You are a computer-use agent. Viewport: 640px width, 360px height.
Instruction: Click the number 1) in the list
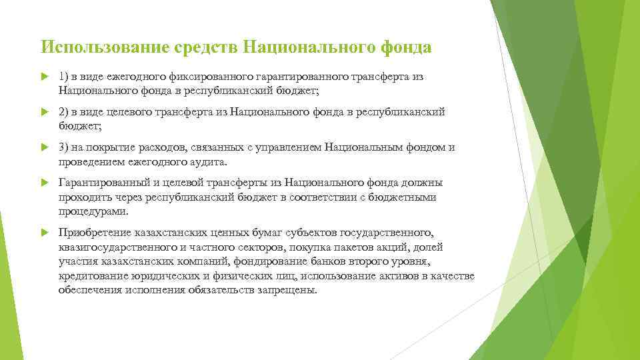64,77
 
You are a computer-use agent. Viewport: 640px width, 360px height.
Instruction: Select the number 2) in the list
64,112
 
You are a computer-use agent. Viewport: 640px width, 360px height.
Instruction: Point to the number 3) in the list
64,147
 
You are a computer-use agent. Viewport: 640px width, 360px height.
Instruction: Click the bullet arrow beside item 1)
45,77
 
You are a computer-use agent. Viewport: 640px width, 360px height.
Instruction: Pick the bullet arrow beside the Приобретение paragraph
45,232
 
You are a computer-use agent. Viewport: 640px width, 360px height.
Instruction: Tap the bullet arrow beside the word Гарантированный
45,183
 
